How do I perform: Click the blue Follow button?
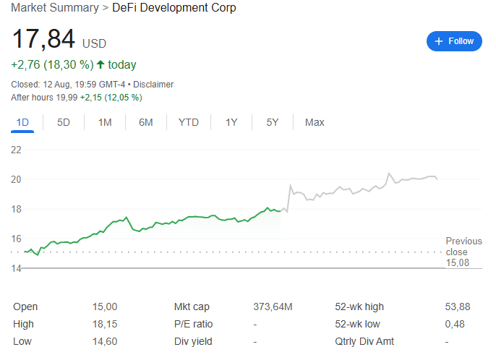454,41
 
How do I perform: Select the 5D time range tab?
64,122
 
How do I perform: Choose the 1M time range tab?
105,122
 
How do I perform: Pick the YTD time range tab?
188,122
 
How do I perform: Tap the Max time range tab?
315,122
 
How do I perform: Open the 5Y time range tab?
272,122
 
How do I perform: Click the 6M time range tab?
146,122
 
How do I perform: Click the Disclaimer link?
153,85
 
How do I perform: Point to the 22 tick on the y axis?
17,150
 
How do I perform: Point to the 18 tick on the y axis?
17,209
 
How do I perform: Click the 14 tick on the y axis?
17,268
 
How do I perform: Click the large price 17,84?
43,40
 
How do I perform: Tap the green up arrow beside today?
100,65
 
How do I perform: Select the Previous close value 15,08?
458,262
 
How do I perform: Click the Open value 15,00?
106,307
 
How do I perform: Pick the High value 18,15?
106,324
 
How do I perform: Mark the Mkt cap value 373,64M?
273,307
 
